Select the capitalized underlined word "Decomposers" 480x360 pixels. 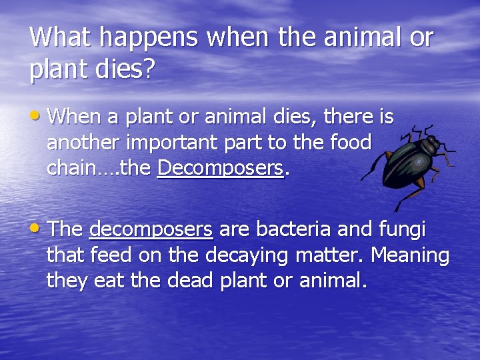[x=221, y=169]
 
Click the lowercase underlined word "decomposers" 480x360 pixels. [x=151, y=230]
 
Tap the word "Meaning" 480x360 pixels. [x=410, y=255]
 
